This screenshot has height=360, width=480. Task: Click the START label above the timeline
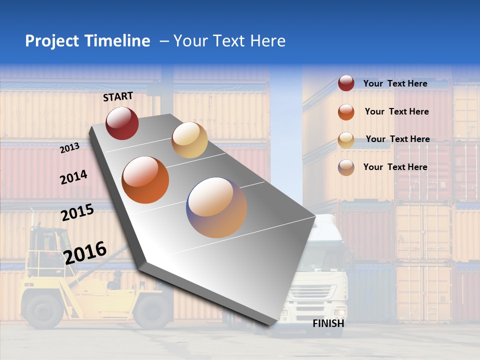point(118,96)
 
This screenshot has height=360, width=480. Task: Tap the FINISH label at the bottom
point(328,323)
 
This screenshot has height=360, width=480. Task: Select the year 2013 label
point(69,147)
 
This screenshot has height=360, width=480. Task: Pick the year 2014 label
point(73,177)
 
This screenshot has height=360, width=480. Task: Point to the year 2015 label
point(77,212)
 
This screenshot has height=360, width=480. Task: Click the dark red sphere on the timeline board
point(122,123)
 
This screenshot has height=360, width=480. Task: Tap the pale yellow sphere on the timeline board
point(189,140)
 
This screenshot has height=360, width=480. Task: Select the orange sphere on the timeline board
point(145,180)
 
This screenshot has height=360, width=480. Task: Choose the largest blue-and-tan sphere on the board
point(216,207)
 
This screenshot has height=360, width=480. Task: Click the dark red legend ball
point(346,83)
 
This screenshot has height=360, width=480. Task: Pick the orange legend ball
point(346,112)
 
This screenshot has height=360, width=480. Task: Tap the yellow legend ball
point(346,140)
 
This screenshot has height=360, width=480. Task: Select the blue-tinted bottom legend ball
point(346,167)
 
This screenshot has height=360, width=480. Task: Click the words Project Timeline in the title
point(87,41)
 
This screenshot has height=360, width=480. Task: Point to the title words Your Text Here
point(229,41)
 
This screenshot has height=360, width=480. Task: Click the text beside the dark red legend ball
point(395,83)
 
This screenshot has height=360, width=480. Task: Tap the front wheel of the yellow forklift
point(42,309)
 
